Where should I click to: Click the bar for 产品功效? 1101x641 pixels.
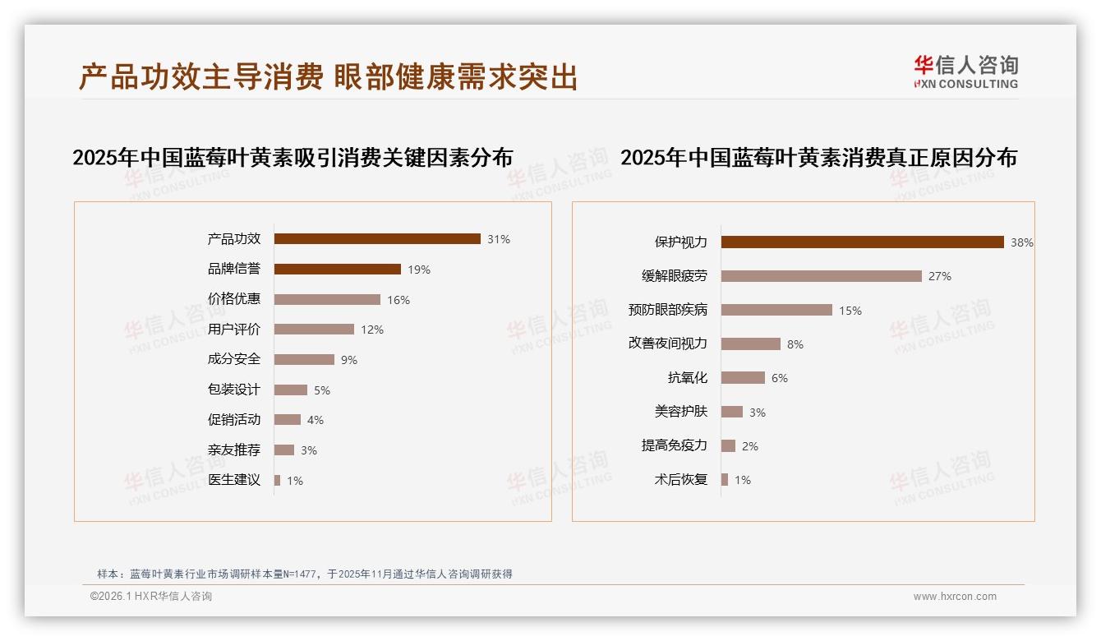(377, 239)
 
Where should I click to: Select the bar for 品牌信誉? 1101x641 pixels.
(338, 270)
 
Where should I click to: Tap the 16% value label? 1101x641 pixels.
(398, 300)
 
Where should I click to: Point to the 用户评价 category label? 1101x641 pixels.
(234, 330)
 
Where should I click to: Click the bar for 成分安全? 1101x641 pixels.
(304, 360)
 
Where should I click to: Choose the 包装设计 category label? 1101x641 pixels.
(234, 390)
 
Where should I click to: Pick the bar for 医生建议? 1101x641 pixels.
(278, 480)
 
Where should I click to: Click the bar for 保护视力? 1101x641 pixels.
(863, 242)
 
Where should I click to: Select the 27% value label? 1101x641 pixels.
(940, 277)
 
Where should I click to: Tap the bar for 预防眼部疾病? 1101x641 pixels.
(776, 311)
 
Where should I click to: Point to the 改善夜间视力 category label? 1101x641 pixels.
(667, 344)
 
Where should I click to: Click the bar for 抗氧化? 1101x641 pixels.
(743, 378)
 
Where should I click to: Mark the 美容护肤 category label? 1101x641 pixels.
(680, 412)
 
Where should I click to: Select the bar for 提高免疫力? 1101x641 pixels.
(728, 446)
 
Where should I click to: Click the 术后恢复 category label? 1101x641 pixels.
(680, 480)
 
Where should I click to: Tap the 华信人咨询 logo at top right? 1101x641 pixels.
(965, 71)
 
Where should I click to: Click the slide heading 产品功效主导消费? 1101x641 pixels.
(201, 77)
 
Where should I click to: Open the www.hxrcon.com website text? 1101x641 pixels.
(955, 597)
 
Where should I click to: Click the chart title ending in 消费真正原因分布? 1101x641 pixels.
(818, 157)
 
